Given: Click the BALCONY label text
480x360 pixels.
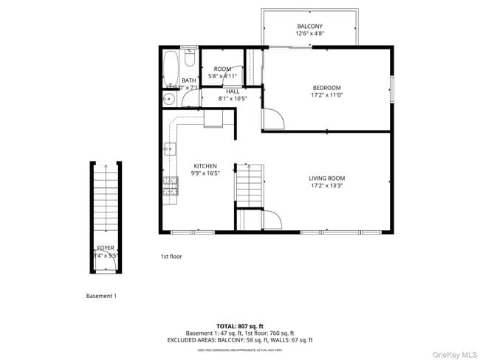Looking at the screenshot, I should [x=309, y=26].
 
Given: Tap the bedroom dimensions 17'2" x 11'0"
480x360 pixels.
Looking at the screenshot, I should [x=326, y=95].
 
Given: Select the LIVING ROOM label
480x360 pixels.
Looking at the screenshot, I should [x=326, y=179].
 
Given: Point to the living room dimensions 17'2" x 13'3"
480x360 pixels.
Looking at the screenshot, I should [x=326, y=187].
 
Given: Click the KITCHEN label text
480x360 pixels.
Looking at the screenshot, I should [x=205, y=166].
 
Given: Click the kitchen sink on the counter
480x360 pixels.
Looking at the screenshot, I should [x=169, y=149].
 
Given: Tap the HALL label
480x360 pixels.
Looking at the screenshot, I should [x=233, y=91].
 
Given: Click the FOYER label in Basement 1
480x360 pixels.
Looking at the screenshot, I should [x=106, y=248].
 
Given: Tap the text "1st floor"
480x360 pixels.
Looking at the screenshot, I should [x=171, y=257].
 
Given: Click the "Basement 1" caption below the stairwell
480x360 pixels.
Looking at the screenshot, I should [x=101, y=296].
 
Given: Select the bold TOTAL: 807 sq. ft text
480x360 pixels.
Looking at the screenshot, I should [x=239, y=325].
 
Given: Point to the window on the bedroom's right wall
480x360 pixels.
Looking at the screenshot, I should [x=392, y=87].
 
